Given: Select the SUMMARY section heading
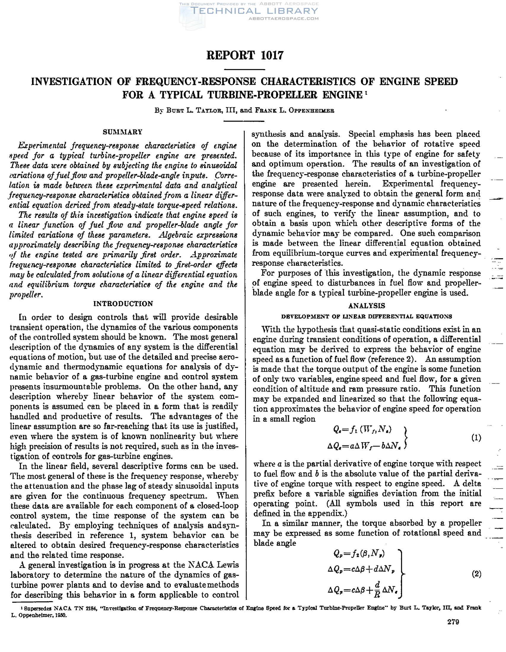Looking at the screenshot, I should click(x=122, y=132).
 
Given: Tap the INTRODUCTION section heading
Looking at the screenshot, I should click(x=123, y=304).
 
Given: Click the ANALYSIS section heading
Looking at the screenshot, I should click(x=367, y=306).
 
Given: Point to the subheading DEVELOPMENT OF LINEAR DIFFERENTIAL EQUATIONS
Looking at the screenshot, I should click(x=367, y=317).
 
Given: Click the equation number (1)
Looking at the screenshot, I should click(x=476, y=438).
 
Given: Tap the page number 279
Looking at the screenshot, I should click(x=453, y=622).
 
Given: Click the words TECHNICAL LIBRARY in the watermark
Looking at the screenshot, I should click(x=254, y=11).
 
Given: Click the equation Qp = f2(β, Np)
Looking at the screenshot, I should click(x=359, y=554).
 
